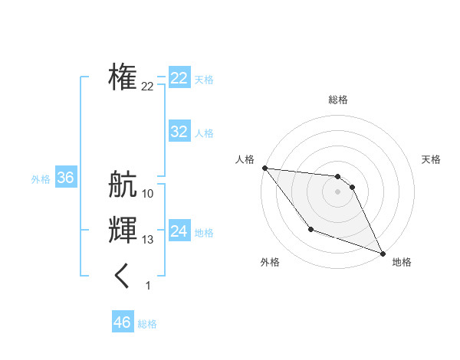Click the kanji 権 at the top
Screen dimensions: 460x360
tap(123, 77)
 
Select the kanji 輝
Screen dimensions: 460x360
tap(123, 230)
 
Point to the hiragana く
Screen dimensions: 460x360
tap(123, 276)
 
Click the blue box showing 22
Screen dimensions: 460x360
tap(179, 78)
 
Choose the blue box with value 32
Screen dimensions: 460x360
tap(179, 132)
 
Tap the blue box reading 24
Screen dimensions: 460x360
tap(179, 231)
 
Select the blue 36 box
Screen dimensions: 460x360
tap(65, 178)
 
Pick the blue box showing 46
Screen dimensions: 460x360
tap(123, 322)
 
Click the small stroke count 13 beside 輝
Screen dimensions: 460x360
tap(148, 240)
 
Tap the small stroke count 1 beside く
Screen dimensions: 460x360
tap(148, 286)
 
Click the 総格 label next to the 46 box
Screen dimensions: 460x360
tap(147, 324)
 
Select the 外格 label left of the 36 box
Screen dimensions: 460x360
tap(41, 179)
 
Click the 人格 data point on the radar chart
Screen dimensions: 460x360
tap(264, 168)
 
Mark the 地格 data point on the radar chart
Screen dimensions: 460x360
tap(383, 253)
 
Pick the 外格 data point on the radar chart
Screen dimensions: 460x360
tap(310, 229)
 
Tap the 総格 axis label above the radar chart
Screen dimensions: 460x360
tap(338, 100)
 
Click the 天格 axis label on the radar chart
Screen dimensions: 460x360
tap(432, 159)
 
